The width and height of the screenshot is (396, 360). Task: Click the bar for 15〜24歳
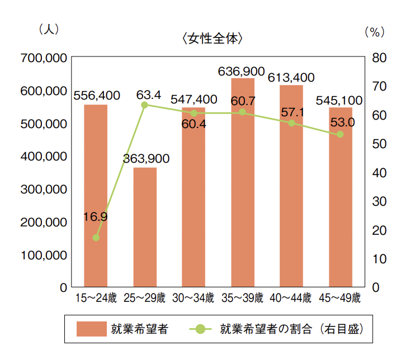[96, 196]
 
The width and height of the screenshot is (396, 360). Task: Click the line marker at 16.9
[96, 238]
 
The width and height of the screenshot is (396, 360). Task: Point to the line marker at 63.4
[144, 105]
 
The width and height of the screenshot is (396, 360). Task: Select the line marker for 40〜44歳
[291, 123]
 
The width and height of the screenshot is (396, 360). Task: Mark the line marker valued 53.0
[340, 134]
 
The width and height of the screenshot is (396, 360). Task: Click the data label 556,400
[97, 96]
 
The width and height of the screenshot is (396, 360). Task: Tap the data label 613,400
[291, 77]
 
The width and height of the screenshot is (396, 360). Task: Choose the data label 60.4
[194, 125]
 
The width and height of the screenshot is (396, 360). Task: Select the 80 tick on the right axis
[378, 58]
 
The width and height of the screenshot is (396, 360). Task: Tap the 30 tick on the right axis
[378, 201]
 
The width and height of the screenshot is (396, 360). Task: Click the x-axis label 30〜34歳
[194, 297]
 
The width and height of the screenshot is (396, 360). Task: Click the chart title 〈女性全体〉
[213, 39]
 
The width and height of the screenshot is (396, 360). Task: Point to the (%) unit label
[375, 32]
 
